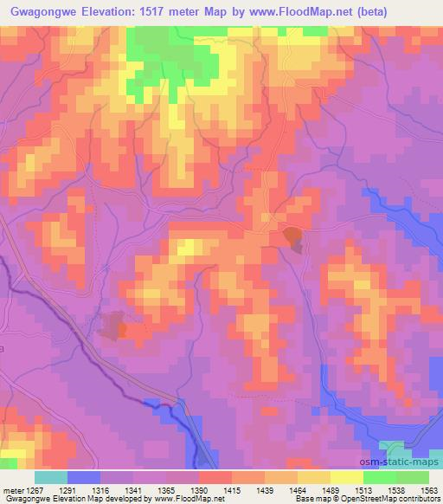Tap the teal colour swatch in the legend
50,477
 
